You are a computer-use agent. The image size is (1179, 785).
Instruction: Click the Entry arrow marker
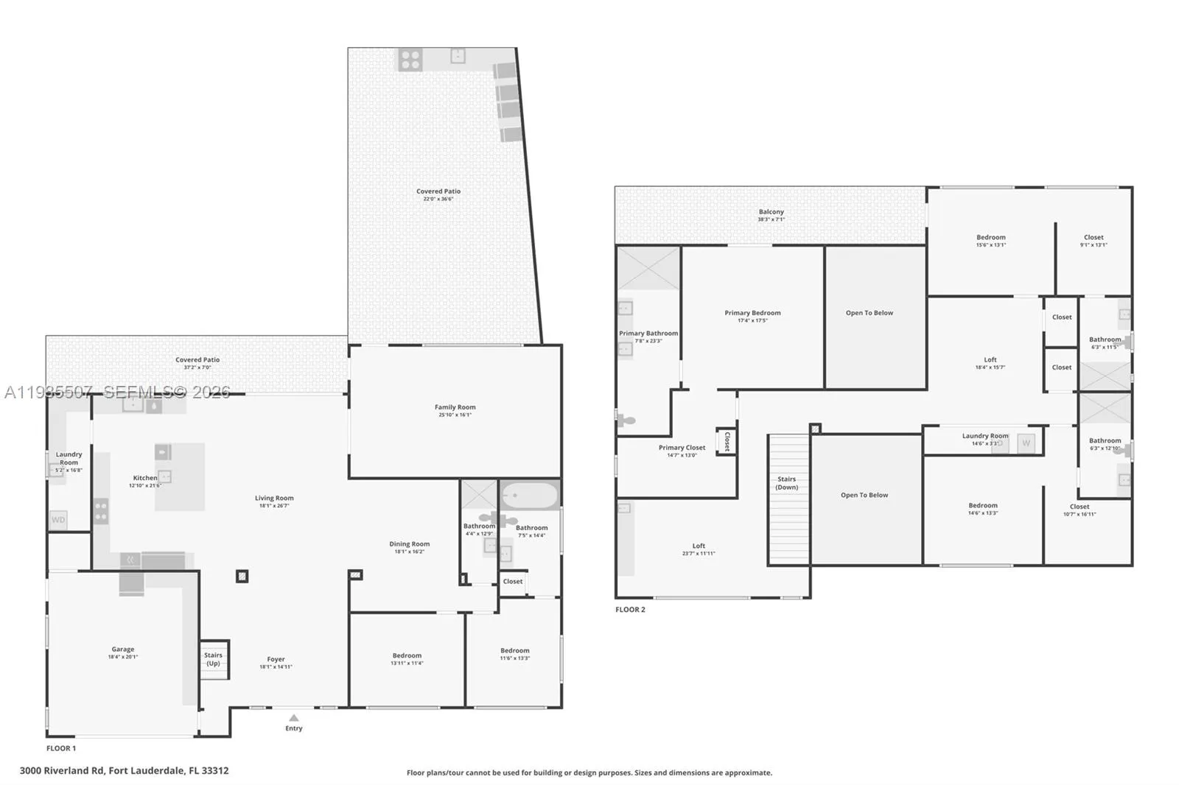[293, 717]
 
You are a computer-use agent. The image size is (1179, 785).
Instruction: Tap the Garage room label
[123, 650]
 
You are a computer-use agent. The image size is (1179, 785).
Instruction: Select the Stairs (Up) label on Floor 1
[213, 659]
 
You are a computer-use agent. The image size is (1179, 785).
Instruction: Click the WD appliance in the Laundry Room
[58, 520]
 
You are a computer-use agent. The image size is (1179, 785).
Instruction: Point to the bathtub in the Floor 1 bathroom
[529, 495]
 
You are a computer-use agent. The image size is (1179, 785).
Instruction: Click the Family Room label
[455, 407]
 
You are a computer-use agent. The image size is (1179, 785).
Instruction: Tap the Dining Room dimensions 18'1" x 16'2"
[410, 552]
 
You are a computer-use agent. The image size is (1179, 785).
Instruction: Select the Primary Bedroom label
[752, 313]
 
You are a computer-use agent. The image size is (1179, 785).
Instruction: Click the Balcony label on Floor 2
[772, 212]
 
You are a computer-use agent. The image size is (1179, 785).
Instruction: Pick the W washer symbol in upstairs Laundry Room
[1026, 443]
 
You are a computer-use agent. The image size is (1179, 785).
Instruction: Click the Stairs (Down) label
[786, 483]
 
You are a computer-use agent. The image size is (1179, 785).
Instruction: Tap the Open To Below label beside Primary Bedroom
[869, 313]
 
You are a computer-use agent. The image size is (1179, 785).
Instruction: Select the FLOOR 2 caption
[630, 610]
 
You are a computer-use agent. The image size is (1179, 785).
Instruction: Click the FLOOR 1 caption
[61, 748]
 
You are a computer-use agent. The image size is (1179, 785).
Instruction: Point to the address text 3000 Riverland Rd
[124, 771]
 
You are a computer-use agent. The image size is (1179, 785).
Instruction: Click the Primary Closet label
[682, 448]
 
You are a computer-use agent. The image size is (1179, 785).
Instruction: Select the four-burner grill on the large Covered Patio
[410, 60]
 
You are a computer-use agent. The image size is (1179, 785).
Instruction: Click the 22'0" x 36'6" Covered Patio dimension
[438, 199]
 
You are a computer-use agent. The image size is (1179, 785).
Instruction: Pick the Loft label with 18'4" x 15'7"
[990, 360]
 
